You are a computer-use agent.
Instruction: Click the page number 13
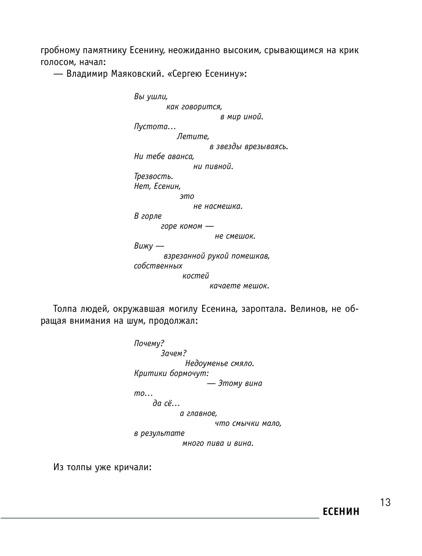pyautogui.click(x=385, y=502)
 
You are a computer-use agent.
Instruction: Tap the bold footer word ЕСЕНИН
pyautogui.click(x=341, y=512)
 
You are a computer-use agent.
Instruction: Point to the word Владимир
pyautogui.click(x=87, y=74)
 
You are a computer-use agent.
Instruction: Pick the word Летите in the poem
pyautogui.click(x=193, y=136)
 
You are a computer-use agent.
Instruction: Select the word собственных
pyautogui.click(x=158, y=266)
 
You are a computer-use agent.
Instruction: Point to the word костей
pyautogui.click(x=196, y=276)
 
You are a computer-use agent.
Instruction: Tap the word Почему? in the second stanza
pyautogui.click(x=149, y=343)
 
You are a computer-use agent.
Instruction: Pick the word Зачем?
pyautogui.click(x=173, y=353)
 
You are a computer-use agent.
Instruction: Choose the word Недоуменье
pyautogui.click(x=208, y=363)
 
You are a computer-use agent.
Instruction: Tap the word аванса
pyautogui.click(x=181, y=156)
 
